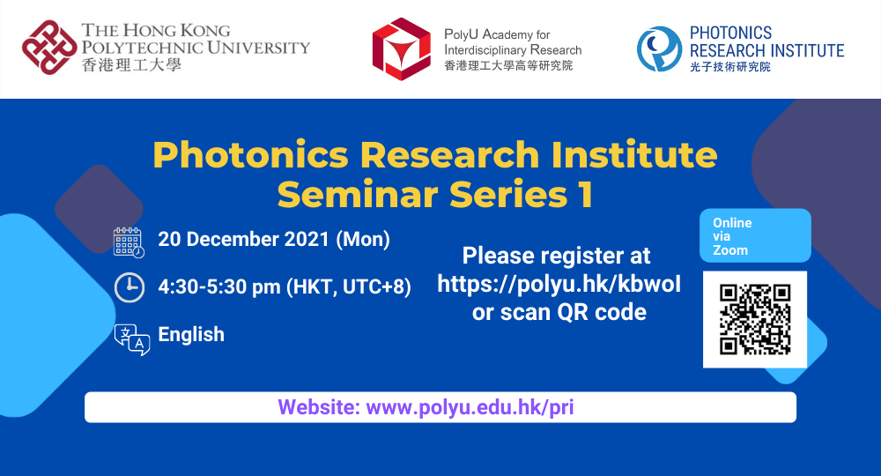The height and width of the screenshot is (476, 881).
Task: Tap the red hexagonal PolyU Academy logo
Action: (x=401, y=49)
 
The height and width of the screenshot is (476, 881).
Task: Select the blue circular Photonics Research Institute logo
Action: (x=659, y=49)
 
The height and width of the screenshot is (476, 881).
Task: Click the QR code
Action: (x=755, y=319)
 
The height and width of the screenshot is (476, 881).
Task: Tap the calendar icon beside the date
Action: (x=129, y=242)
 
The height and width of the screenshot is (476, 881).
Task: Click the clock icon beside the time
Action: (x=129, y=287)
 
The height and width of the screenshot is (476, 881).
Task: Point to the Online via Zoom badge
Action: (x=754, y=236)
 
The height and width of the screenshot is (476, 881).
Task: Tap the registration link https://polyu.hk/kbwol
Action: (x=559, y=284)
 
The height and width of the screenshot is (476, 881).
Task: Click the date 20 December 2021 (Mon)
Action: (x=273, y=239)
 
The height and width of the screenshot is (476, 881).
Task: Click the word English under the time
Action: (x=191, y=334)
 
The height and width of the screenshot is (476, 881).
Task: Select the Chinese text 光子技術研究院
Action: (x=729, y=67)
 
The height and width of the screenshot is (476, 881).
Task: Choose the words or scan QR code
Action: (x=559, y=312)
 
